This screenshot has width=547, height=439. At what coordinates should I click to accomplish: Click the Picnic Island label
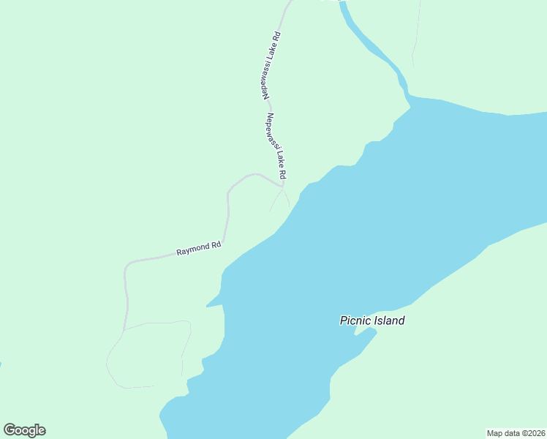pos(371,320)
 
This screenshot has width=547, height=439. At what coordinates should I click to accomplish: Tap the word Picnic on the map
pos(355,320)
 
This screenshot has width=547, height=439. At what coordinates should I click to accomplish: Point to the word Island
pos(388,320)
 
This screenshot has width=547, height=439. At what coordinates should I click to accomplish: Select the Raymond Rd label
pos(198,249)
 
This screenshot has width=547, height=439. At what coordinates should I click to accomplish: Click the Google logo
pos(24,430)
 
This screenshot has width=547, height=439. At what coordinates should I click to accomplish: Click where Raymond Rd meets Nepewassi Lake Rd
pos(282,183)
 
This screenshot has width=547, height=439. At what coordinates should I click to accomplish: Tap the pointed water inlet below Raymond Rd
pos(212,303)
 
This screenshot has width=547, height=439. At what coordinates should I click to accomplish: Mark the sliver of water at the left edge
pos(1,364)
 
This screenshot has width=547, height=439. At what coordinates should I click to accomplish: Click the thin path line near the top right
pos(417,37)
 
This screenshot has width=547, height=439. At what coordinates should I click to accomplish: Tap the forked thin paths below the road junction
pos(279,198)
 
